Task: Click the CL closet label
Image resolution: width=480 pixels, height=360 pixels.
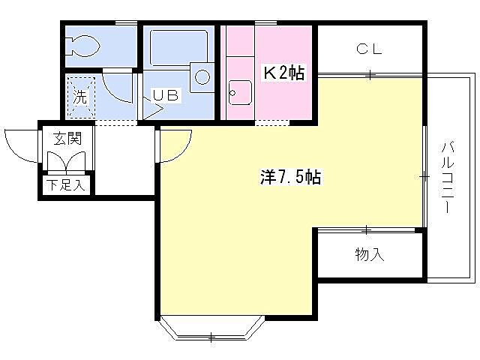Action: (x=369, y=50)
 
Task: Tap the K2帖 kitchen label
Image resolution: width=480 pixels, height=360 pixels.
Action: (x=282, y=73)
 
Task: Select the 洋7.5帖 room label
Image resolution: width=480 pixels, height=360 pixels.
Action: (x=291, y=178)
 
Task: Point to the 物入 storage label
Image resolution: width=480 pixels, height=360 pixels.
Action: (x=369, y=255)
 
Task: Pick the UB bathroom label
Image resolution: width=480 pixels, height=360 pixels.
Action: (x=166, y=95)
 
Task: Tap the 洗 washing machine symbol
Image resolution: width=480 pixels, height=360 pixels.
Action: (x=79, y=97)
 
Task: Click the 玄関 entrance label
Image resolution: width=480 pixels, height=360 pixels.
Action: (x=61, y=138)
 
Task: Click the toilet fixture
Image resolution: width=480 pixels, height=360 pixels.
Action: (x=82, y=46)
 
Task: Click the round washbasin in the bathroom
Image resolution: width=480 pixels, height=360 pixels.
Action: (x=202, y=75)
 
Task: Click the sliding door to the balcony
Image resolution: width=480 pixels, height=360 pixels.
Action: (x=425, y=177)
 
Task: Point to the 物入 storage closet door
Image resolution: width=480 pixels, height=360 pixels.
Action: (x=367, y=230)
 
